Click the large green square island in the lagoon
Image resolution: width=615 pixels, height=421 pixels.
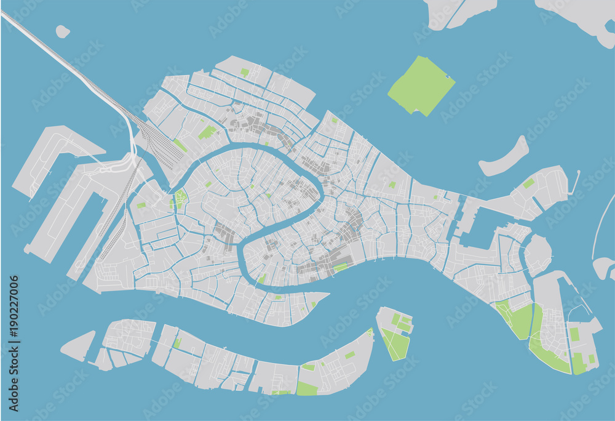pos(421,86)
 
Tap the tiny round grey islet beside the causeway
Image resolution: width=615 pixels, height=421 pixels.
pos(63,31)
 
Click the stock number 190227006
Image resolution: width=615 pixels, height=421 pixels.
pos(14,307)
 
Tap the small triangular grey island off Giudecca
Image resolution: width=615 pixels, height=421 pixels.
pos(78,347)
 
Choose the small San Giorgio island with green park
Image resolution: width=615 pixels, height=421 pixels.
pos(394,332)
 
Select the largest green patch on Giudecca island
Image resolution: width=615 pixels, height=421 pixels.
pos(306,388)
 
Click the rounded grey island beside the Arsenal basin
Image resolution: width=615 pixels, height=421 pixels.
pos(538,254)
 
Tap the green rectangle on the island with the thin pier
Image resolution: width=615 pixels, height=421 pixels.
pos(528,183)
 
